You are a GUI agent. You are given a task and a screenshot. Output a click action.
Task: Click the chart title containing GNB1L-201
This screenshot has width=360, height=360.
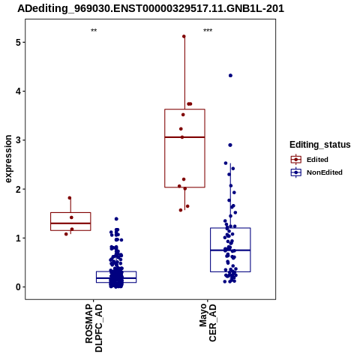point(151,8)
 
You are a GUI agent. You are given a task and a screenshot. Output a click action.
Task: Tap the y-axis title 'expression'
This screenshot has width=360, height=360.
point(8,159)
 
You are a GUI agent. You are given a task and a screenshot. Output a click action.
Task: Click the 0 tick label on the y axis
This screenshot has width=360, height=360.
point(18,287)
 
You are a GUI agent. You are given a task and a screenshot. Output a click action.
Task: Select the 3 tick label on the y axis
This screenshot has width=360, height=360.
point(18,140)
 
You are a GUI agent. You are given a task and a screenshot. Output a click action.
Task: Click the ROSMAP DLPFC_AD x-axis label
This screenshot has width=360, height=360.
point(94,328)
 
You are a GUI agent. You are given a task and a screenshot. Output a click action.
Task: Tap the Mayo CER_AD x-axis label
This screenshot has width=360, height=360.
point(208,322)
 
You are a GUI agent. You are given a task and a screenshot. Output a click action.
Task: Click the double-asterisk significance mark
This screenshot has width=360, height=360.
point(94,31)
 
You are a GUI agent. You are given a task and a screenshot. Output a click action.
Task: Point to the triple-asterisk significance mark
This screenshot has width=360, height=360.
point(208,31)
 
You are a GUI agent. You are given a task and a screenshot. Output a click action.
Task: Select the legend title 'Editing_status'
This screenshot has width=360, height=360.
point(320,145)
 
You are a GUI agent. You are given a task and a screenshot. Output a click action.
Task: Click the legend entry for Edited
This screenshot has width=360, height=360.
point(310,160)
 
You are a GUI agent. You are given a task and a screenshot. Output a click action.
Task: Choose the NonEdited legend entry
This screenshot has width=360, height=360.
point(316,172)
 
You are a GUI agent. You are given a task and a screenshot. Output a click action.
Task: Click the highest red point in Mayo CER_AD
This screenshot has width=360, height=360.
point(184,37)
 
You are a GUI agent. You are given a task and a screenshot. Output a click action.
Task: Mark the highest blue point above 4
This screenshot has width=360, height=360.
point(230,76)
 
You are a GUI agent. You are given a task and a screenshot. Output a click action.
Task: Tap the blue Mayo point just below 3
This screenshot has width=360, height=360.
point(230,145)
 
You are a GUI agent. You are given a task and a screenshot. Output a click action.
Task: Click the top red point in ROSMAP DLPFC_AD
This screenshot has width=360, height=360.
point(70,198)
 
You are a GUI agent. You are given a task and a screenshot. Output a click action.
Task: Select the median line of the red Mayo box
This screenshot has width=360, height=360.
point(184,137)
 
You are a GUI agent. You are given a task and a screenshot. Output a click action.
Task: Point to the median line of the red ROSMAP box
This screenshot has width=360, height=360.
point(70,223)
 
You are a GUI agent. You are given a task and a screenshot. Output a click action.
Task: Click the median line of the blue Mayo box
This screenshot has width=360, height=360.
point(230,250)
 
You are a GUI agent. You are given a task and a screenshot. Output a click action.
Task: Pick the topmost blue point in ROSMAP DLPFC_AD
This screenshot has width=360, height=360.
point(116,219)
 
